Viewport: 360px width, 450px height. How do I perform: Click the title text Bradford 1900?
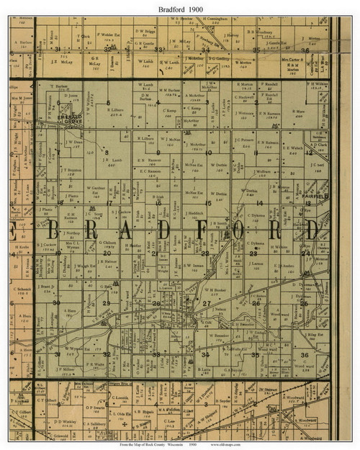(180, 7)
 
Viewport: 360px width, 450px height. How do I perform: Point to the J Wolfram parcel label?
(262, 172)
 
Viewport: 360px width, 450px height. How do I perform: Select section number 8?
(106, 153)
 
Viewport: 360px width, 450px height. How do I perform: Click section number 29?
(106, 303)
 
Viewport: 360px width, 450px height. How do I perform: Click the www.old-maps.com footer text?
(253, 444)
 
